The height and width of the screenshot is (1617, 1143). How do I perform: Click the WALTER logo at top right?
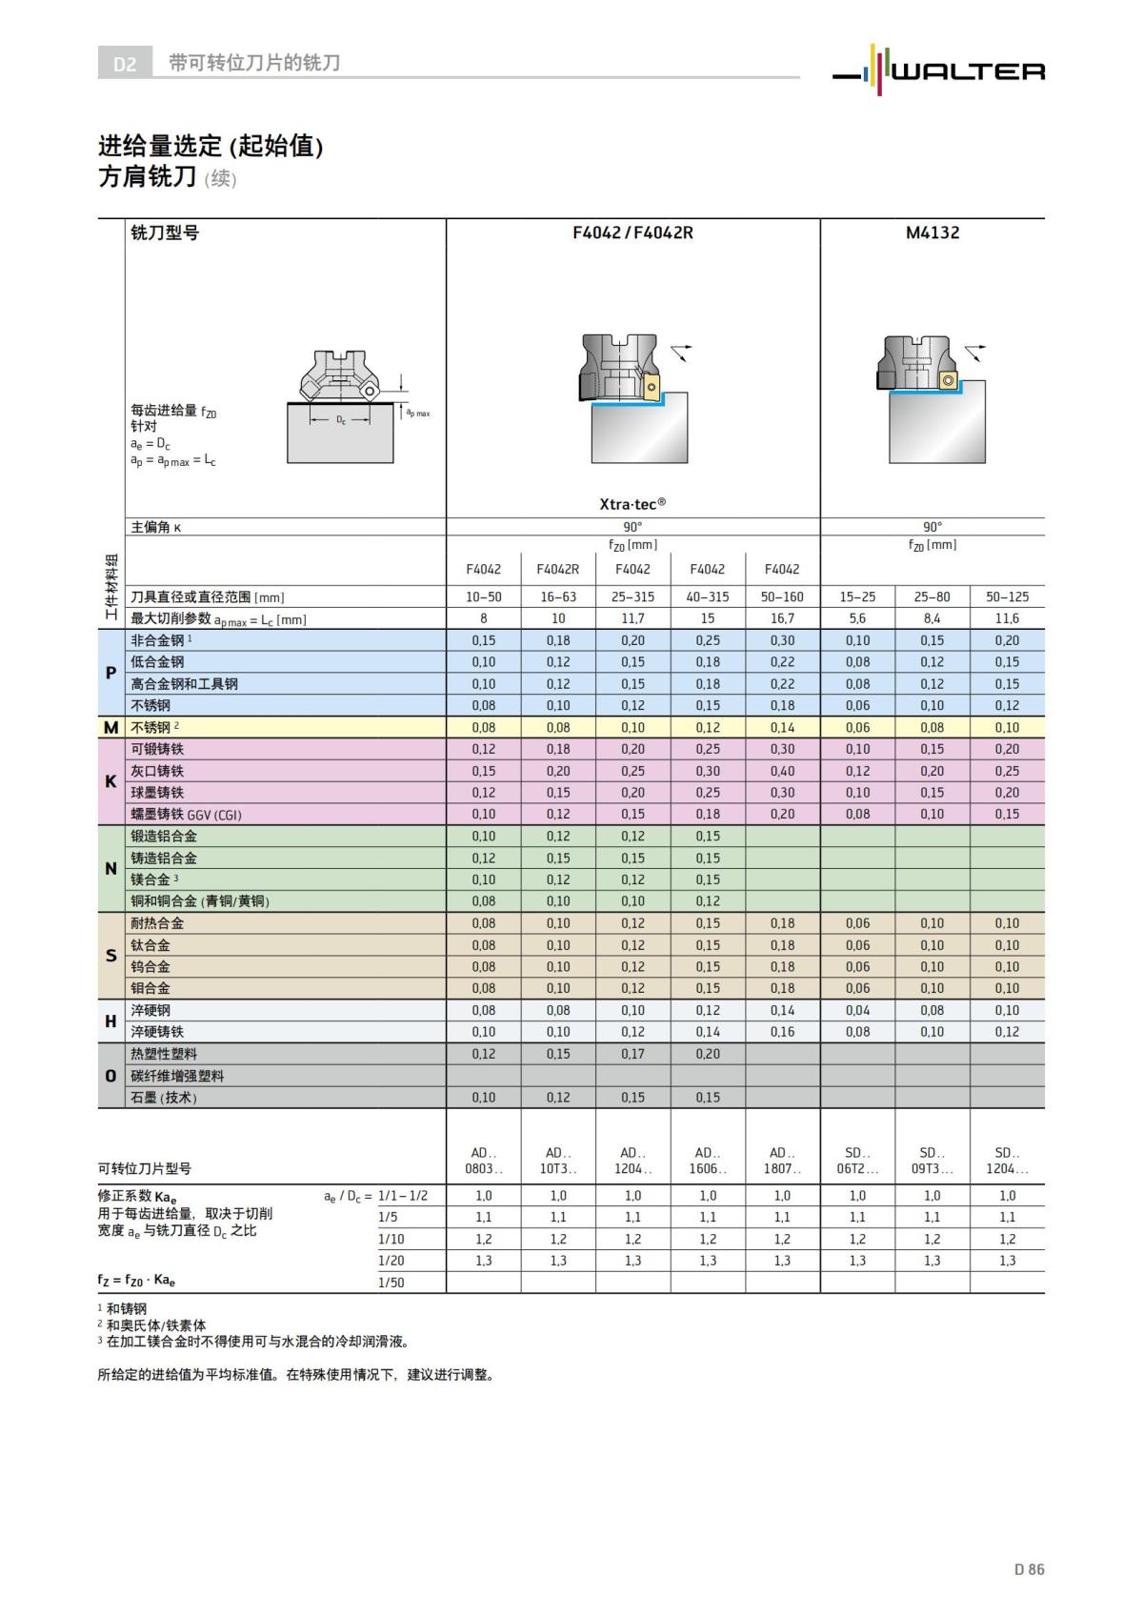click(938, 69)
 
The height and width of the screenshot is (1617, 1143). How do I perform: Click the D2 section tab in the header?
click(125, 64)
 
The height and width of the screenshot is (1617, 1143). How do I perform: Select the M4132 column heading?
click(932, 232)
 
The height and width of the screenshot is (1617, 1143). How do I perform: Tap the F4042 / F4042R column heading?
click(632, 232)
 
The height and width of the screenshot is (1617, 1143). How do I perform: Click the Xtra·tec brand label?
click(632, 503)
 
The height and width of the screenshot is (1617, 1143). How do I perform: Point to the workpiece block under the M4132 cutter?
click(936, 424)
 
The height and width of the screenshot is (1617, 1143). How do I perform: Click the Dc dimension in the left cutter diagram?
click(340, 420)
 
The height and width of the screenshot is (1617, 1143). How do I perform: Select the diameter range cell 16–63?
click(558, 597)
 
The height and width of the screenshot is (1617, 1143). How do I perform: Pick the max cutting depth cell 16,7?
click(782, 618)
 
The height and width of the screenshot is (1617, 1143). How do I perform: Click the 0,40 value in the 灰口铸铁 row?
click(782, 771)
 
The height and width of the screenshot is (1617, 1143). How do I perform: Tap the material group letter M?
click(110, 728)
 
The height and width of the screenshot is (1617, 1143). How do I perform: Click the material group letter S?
click(110, 956)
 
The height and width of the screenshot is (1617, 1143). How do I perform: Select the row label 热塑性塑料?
click(164, 1054)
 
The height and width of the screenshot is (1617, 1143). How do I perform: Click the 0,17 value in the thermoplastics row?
click(632, 1054)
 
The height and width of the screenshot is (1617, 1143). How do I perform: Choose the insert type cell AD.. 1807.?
click(782, 1161)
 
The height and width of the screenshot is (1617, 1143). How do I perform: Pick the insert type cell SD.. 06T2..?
click(857, 1161)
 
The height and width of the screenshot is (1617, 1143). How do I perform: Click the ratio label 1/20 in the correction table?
click(391, 1261)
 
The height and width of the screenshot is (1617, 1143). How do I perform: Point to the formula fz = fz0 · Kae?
click(136, 1281)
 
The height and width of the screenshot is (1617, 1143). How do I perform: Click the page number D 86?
click(1029, 1569)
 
